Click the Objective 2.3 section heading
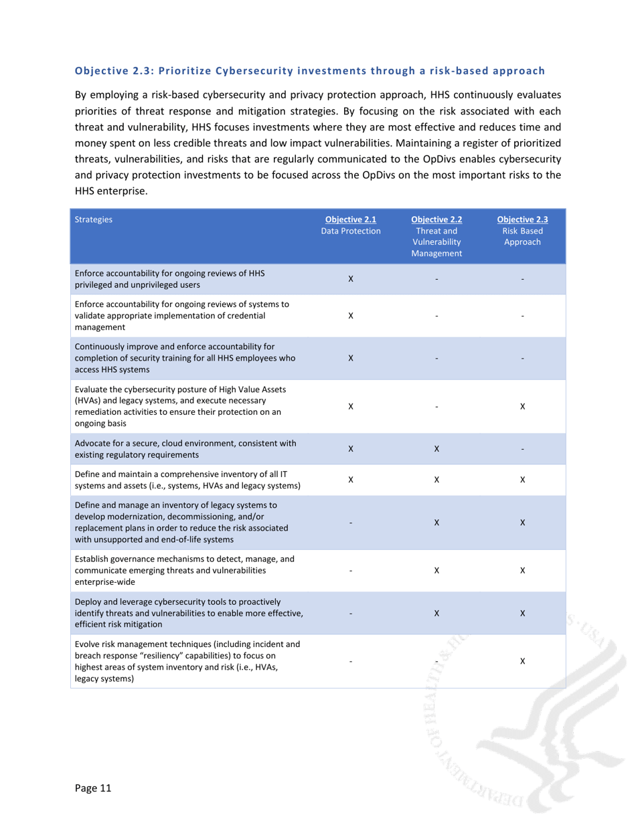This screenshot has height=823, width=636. (309, 70)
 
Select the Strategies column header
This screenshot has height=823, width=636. (94, 219)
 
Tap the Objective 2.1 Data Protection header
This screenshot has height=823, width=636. (351, 225)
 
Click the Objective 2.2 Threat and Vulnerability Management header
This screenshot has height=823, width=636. (436, 236)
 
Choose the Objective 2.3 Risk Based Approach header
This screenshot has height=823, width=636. (522, 230)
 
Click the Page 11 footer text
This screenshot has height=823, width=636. (92, 788)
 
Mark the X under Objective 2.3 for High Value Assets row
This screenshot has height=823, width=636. (522, 406)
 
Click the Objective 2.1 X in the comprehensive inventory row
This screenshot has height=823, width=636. (351, 480)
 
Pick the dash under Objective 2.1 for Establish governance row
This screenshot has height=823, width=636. (351, 571)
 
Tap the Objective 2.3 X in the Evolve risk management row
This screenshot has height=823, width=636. (522, 661)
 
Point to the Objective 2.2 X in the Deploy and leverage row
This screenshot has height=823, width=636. (436, 613)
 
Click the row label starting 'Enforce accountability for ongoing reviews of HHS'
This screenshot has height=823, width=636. (170, 278)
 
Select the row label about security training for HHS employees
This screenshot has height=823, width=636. (185, 357)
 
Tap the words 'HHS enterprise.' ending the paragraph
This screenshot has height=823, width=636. (110, 191)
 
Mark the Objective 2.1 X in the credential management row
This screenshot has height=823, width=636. (351, 316)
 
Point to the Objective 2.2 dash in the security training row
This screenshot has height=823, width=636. (436, 358)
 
